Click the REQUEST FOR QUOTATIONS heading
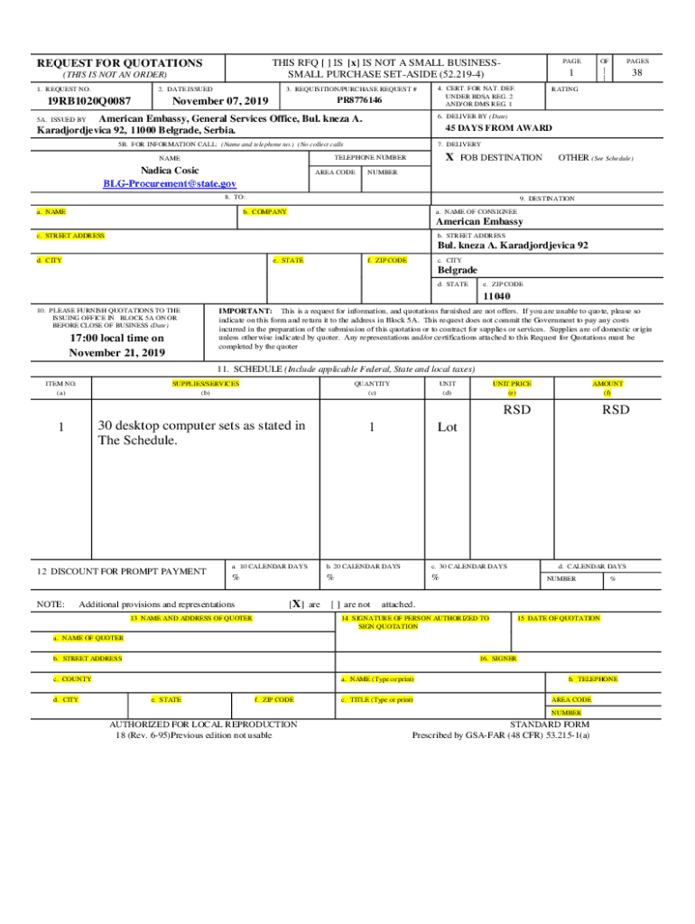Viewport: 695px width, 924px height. click(x=119, y=63)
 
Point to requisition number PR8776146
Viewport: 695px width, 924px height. click(x=352, y=100)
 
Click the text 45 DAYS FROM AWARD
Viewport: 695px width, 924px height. click(x=498, y=128)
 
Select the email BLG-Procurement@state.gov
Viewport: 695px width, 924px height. click(x=170, y=184)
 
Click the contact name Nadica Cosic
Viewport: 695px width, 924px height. click(x=170, y=171)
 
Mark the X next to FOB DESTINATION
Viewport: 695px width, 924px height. click(x=449, y=158)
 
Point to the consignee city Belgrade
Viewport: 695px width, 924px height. click(x=458, y=270)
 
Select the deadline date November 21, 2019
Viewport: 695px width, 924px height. click(x=117, y=353)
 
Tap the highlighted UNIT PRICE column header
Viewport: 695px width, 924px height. click(x=512, y=383)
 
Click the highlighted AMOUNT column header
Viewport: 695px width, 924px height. click(x=607, y=383)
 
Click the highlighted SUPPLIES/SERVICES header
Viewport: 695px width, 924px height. click(x=205, y=383)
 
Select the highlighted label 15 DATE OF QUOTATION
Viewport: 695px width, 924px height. click(x=558, y=618)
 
